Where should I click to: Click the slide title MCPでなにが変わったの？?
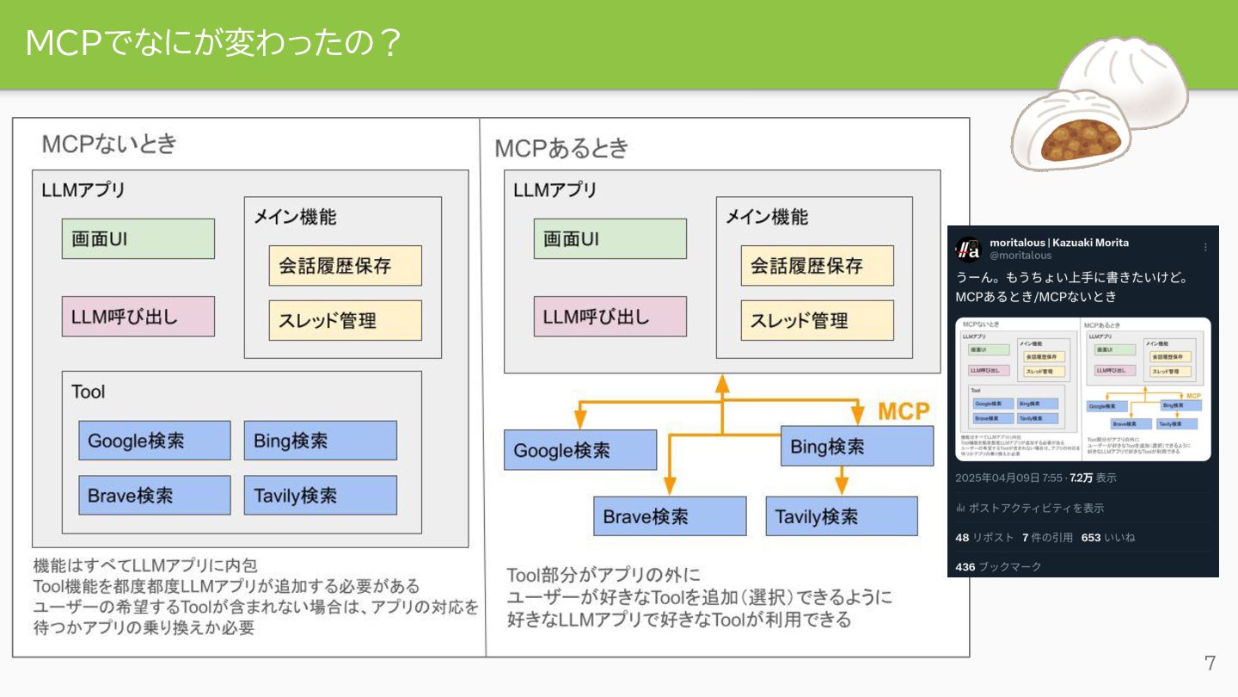(x=213, y=43)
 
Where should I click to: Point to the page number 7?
(x=1210, y=663)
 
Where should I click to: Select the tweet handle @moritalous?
(x=1020, y=256)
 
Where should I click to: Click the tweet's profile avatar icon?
(x=969, y=249)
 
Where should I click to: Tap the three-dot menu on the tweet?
(x=1204, y=247)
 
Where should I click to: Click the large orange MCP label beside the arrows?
(x=904, y=411)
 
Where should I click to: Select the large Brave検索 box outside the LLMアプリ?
(x=657, y=516)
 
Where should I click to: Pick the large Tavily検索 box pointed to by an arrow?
(x=841, y=516)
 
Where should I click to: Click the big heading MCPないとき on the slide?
(x=109, y=143)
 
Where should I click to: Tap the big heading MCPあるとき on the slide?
(x=561, y=148)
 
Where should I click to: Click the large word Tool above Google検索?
(x=89, y=392)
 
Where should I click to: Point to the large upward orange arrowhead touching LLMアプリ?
(x=722, y=382)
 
